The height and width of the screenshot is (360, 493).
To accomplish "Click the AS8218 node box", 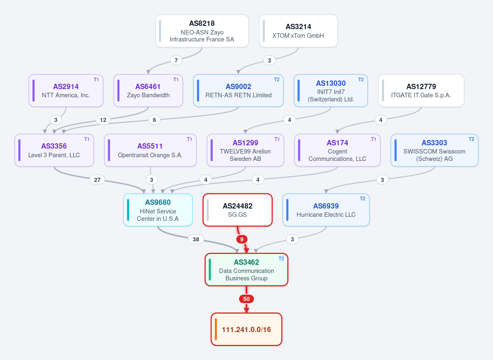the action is point(202,31).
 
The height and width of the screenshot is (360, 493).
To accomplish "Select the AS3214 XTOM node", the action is point(298,31).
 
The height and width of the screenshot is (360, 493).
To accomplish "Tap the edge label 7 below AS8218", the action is point(176,60).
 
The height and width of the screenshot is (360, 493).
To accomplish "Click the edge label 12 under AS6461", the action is point(103,120).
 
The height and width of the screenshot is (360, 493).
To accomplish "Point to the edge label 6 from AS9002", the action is point(154,120).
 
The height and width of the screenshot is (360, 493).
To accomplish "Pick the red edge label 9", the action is point(242,239).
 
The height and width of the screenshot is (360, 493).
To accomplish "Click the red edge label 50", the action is point(246,299).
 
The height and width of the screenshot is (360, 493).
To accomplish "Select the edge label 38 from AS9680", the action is point(196,239).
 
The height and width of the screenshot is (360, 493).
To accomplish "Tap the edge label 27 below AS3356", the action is point(97,180).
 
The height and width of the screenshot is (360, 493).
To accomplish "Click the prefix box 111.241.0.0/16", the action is point(246,329).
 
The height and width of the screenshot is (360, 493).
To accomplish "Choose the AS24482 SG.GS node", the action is point(237,210).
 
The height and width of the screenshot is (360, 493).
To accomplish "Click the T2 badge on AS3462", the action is point(281,258).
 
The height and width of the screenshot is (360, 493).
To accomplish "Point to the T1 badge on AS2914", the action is point(96,80).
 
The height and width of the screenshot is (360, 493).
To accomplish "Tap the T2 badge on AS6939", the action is point(362,199).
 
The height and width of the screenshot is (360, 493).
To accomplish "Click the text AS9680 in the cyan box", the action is point(158,202).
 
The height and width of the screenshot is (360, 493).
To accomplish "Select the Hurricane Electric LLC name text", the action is point(326,214).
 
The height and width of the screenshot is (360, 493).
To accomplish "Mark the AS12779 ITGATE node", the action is point(421,91).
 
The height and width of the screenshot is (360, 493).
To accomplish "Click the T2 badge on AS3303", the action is point(471,139).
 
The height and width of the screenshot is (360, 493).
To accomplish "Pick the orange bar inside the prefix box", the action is point(216,329).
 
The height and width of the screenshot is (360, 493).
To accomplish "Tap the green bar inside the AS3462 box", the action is point(210,270).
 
